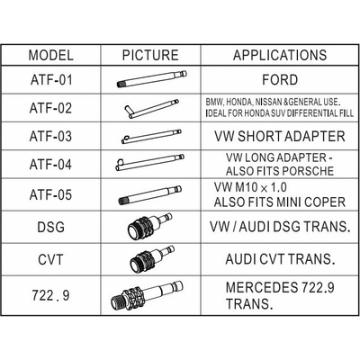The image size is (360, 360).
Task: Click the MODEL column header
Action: pos(50,55)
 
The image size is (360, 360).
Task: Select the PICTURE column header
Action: pos(150,55)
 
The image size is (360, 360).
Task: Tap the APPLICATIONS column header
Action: pos(280,55)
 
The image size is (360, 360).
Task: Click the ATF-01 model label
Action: pos(51,80)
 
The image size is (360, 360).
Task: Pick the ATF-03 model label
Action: pos(50,137)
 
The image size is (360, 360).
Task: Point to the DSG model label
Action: pos(50,227)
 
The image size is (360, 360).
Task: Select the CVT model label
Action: pos(50,259)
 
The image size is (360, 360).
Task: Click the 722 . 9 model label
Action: pos(50,295)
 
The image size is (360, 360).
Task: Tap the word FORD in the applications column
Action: pos(280,80)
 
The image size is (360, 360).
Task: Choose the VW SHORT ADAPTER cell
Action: pos(280,137)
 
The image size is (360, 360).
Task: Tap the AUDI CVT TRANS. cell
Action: pos(280,259)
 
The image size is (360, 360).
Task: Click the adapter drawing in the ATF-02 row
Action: pos(151,108)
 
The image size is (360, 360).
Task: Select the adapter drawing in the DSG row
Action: pos(149,227)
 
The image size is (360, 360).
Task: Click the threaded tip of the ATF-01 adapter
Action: pos(121,85)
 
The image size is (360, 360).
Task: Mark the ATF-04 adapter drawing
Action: pos(149,162)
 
